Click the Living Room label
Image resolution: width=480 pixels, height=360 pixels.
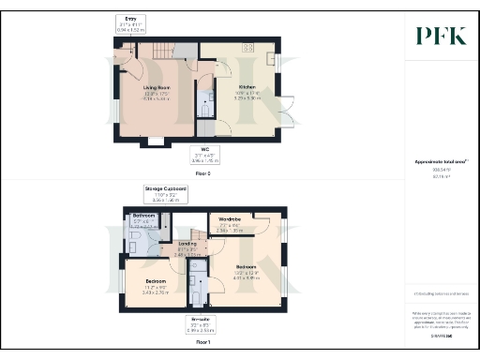(156, 90)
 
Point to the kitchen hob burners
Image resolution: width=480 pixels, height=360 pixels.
(249, 47)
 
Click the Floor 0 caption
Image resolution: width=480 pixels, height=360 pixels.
(201, 172)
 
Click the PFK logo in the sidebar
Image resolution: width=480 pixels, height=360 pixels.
(441, 36)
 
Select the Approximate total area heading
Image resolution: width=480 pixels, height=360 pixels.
(441, 161)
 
